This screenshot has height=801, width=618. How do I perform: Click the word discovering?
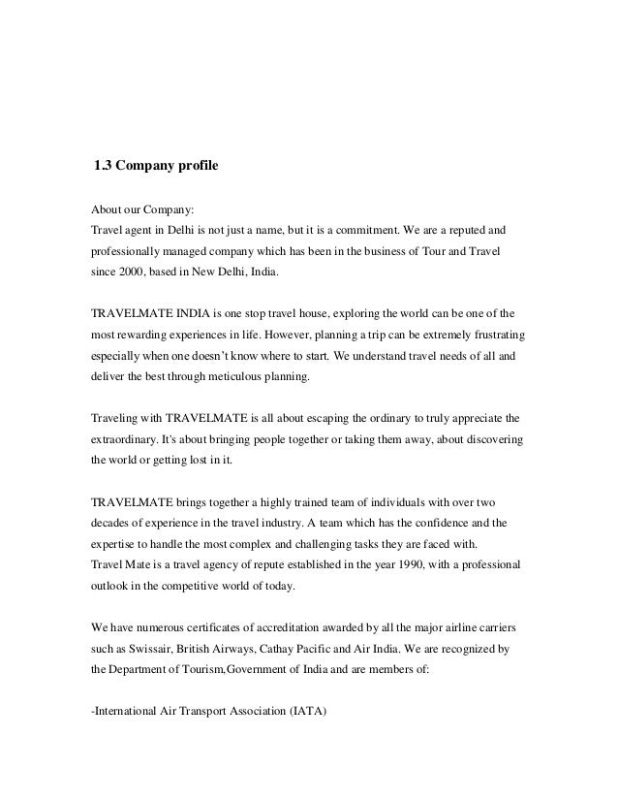click(x=492, y=439)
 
